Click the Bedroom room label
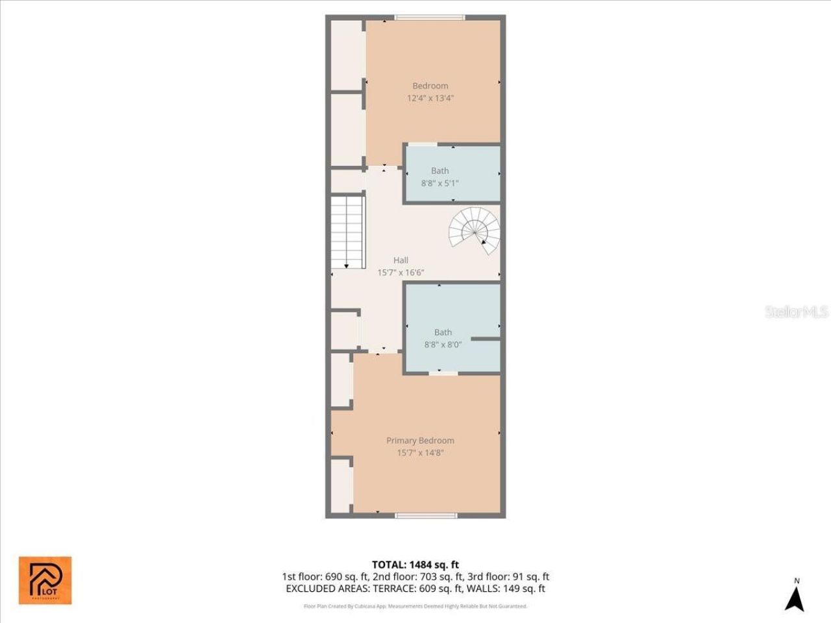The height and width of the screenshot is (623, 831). (x=430, y=86)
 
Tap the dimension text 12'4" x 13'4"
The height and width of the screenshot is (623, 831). (x=430, y=99)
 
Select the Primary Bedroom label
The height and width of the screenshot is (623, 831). (x=420, y=441)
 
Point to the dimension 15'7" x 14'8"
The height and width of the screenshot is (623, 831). (x=420, y=453)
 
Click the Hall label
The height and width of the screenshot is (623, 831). (x=401, y=260)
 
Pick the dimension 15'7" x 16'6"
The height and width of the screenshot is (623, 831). (x=401, y=273)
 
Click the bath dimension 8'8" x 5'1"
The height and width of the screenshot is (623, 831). (x=440, y=183)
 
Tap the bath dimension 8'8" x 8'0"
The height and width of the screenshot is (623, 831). (x=443, y=345)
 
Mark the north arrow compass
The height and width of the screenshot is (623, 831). (x=795, y=595)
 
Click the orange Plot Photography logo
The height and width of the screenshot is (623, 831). (x=45, y=580)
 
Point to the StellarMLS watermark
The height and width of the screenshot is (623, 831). (x=796, y=312)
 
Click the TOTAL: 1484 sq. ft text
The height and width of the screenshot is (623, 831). (x=415, y=565)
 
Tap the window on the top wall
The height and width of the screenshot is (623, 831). (x=429, y=18)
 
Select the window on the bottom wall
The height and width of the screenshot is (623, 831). (x=426, y=516)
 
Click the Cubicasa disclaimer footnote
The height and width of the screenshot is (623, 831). (x=415, y=606)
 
